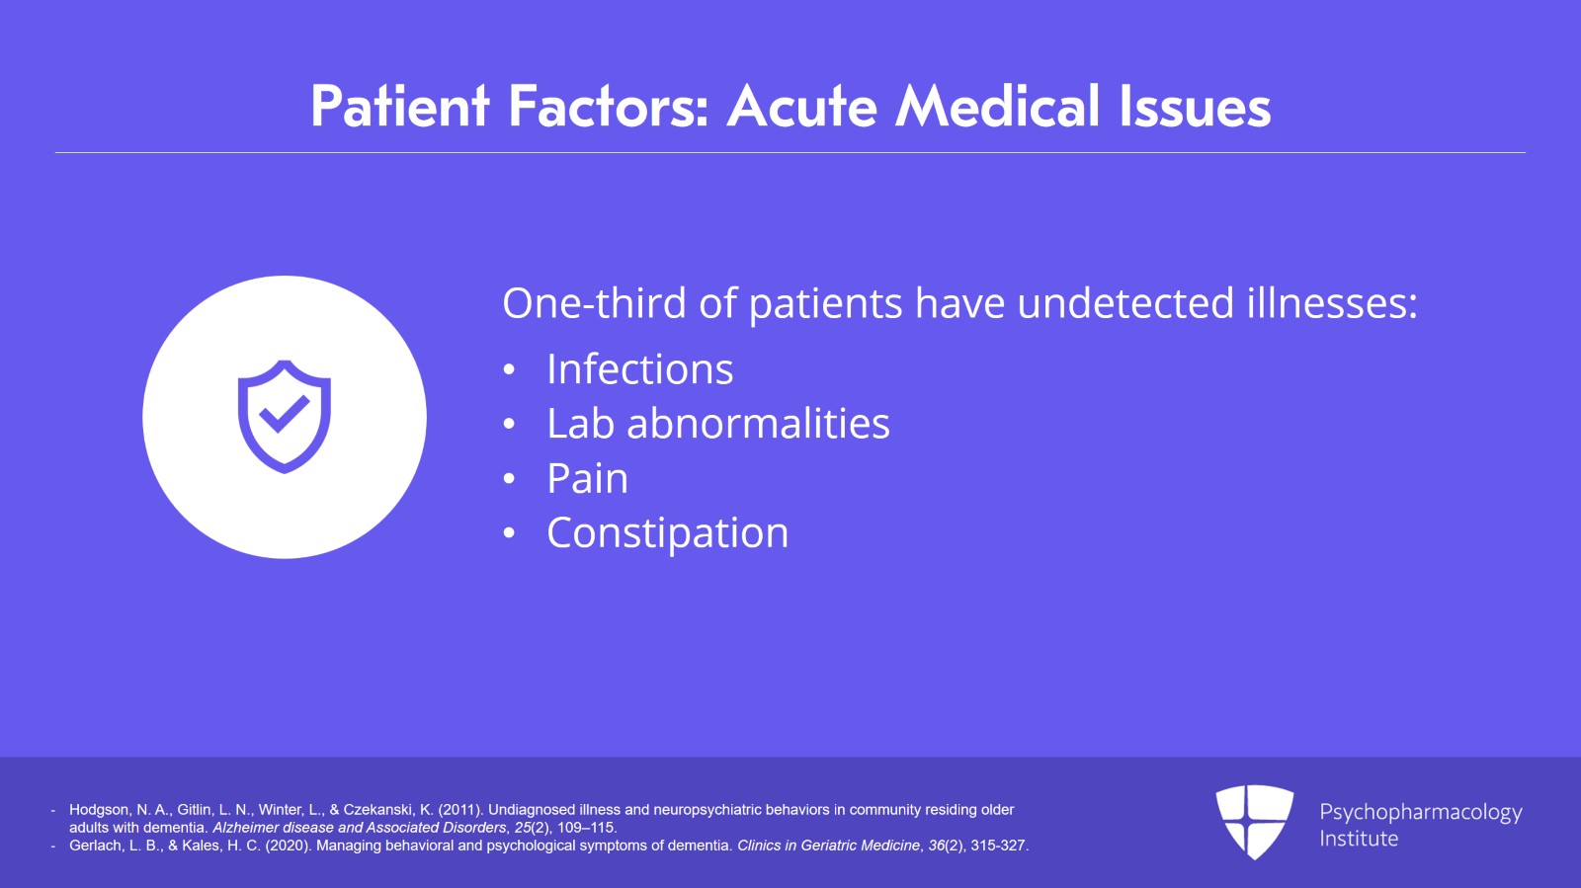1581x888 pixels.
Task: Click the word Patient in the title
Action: tap(400, 107)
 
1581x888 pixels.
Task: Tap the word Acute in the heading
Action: tap(801, 107)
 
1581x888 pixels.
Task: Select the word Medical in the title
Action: tap(997, 107)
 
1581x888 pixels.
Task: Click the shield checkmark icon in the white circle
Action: tap(285, 416)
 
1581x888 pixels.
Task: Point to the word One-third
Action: tap(594, 303)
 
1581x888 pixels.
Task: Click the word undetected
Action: tap(1125, 303)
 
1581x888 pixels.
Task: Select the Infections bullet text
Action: tap(640, 368)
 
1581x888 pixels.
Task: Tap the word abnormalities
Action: tap(758, 423)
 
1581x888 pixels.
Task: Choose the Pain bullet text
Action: tap(587, 478)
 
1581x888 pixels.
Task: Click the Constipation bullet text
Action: tap(668, 532)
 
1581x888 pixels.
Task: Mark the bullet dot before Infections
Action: tap(509, 370)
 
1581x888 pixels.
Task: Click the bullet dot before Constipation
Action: tap(509, 534)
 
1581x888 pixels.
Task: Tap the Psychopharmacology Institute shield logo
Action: tap(1254, 822)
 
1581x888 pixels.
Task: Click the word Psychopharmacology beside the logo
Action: tap(1420, 813)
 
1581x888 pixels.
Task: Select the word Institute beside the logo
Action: tap(1359, 839)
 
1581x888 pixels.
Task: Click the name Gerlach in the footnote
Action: tap(95, 845)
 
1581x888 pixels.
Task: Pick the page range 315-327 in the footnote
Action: tap(997, 845)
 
